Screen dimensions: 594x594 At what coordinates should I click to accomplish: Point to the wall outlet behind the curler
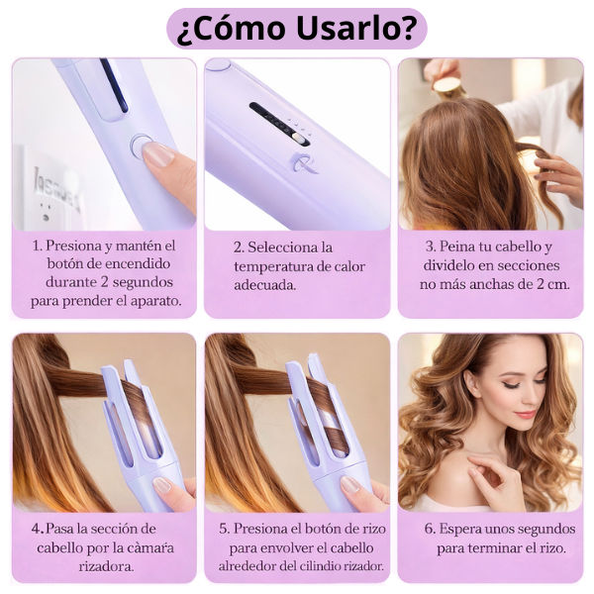tap(44, 194)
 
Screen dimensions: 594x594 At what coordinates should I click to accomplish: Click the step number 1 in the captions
tap(36, 246)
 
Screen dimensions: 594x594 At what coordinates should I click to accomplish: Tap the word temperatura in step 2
tap(273, 265)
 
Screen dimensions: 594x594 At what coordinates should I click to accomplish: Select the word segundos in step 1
tap(148, 282)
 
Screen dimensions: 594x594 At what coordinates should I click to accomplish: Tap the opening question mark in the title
tap(183, 30)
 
